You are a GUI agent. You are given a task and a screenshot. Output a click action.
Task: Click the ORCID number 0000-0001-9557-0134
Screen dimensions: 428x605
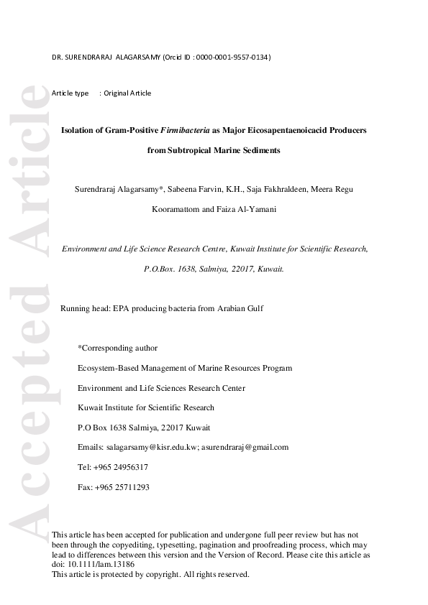(x=232, y=57)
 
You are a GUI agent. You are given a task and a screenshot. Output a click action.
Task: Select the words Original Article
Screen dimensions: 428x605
(x=127, y=93)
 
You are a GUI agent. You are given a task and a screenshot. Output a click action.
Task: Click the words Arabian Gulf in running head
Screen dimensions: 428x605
(x=240, y=308)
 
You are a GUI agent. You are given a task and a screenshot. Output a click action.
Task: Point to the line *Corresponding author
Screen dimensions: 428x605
(x=117, y=348)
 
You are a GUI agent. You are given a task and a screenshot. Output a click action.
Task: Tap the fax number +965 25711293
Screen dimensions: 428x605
(x=122, y=486)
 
